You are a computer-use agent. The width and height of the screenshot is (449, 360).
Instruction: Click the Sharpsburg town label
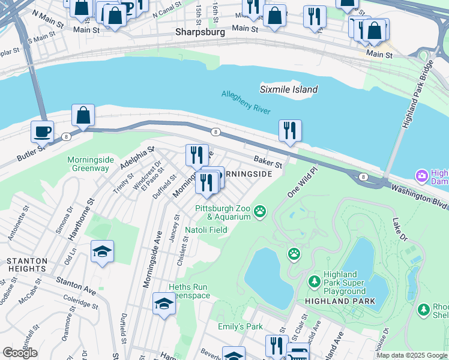point(200,32)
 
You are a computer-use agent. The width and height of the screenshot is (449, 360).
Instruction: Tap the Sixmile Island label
point(288,89)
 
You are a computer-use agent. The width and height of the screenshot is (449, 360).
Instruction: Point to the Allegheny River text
point(246,102)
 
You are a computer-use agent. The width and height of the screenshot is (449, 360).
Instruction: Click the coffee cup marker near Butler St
point(42,131)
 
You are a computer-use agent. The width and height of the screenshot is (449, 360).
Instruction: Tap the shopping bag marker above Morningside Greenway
point(83,115)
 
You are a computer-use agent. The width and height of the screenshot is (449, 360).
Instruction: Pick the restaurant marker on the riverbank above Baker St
point(290,131)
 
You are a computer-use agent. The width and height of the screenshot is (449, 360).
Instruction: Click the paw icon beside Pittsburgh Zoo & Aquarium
point(260,211)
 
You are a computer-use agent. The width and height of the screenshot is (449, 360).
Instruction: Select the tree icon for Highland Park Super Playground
point(314,281)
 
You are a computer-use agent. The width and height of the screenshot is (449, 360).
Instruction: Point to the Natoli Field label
point(205,229)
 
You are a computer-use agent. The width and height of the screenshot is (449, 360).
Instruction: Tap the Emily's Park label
point(240,326)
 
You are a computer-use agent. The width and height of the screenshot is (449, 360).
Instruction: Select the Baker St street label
point(267,161)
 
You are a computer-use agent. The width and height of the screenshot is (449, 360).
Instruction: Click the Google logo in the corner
point(20,353)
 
